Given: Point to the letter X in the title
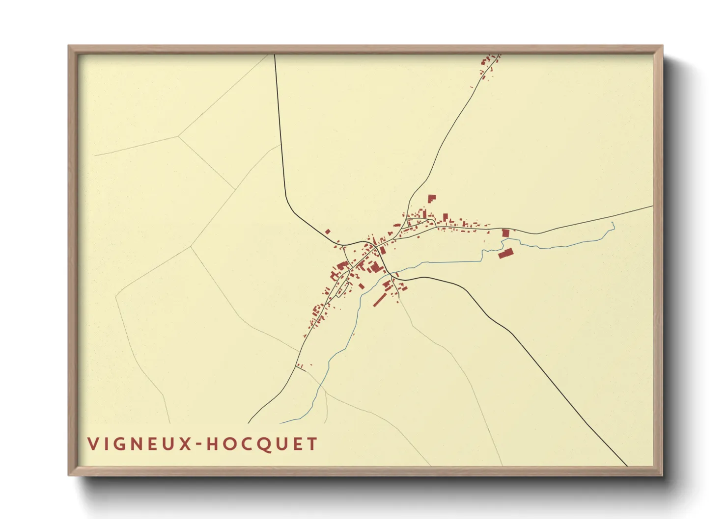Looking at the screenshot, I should tap(184, 444).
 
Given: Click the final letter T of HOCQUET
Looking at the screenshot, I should tap(312, 444).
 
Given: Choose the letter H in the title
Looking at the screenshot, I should tap(212, 444).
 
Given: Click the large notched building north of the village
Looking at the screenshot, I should tap(431, 199).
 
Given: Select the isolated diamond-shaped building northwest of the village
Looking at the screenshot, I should tap(328, 232).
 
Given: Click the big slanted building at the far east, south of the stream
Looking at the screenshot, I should tap(505, 253).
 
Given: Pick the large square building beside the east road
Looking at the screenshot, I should tap(505, 233).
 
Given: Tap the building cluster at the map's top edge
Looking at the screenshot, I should tap(489, 64).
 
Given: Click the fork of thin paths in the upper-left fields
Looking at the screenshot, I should tap(179, 135).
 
